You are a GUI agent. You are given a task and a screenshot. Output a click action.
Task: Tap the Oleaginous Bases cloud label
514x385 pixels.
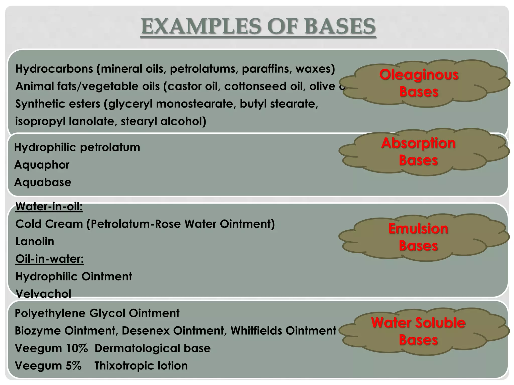coord(419,83)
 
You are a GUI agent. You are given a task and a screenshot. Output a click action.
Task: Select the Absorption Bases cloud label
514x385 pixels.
coord(418,151)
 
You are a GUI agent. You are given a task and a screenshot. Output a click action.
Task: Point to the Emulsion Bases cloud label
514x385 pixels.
coord(418,237)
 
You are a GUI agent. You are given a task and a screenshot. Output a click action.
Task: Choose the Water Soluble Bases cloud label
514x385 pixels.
coord(418,331)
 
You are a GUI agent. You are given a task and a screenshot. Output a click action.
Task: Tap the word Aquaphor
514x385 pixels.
coord(42,165)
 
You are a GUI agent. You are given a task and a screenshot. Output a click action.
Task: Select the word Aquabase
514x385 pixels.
coord(43,182)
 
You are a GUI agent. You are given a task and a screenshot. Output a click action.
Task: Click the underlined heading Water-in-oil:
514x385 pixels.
coord(49,207)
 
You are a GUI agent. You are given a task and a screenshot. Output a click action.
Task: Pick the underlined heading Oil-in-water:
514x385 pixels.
coord(49,259)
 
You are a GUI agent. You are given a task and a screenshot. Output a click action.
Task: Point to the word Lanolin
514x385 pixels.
coord(35,241)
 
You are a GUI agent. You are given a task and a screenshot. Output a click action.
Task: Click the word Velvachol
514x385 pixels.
coord(43,294)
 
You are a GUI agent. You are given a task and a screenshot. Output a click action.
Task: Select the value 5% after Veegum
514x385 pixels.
coord(74,366)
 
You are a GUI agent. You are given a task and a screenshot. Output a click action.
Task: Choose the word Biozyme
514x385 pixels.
coord(38,331)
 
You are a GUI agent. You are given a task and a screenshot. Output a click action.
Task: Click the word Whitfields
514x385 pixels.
coord(256,331)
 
